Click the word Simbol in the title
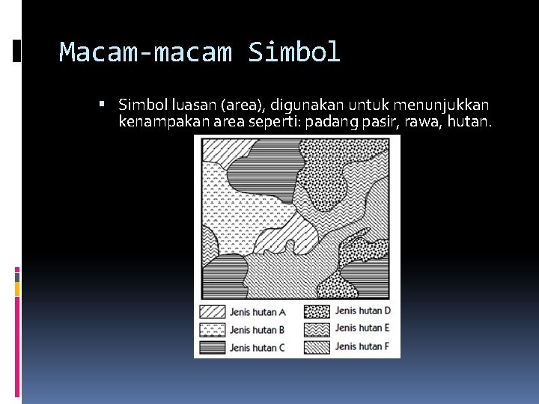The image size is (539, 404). point(294,52)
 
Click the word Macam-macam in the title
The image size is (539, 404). point(147,52)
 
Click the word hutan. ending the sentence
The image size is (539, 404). point(469,121)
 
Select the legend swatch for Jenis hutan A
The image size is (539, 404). point(212,312)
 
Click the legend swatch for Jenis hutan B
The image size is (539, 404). point(212,329)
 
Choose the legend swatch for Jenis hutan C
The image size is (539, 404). point(212,347)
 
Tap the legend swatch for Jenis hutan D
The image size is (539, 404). point(317,311)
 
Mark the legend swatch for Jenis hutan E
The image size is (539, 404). point(317,328)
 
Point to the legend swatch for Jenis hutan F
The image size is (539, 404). point(317,346)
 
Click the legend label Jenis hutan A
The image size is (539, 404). point(258,313)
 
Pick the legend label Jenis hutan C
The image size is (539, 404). point(258,348)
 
